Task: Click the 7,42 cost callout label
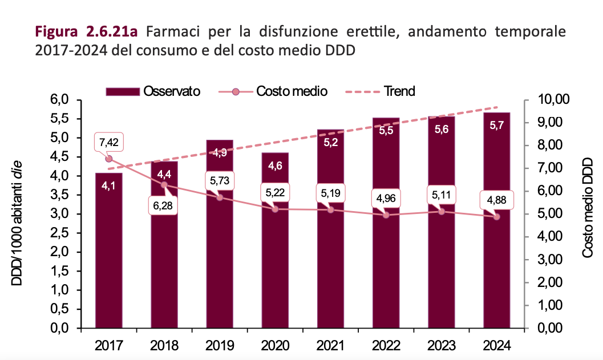click(x=108, y=142)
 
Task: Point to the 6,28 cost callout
click(x=164, y=205)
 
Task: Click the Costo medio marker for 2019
click(x=220, y=197)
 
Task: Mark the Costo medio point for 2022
click(x=386, y=215)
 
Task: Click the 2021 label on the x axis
click(x=330, y=346)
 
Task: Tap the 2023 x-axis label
click(x=441, y=346)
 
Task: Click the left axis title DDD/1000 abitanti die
click(x=18, y=215)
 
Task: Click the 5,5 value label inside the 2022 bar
click(x=386, y=130)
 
